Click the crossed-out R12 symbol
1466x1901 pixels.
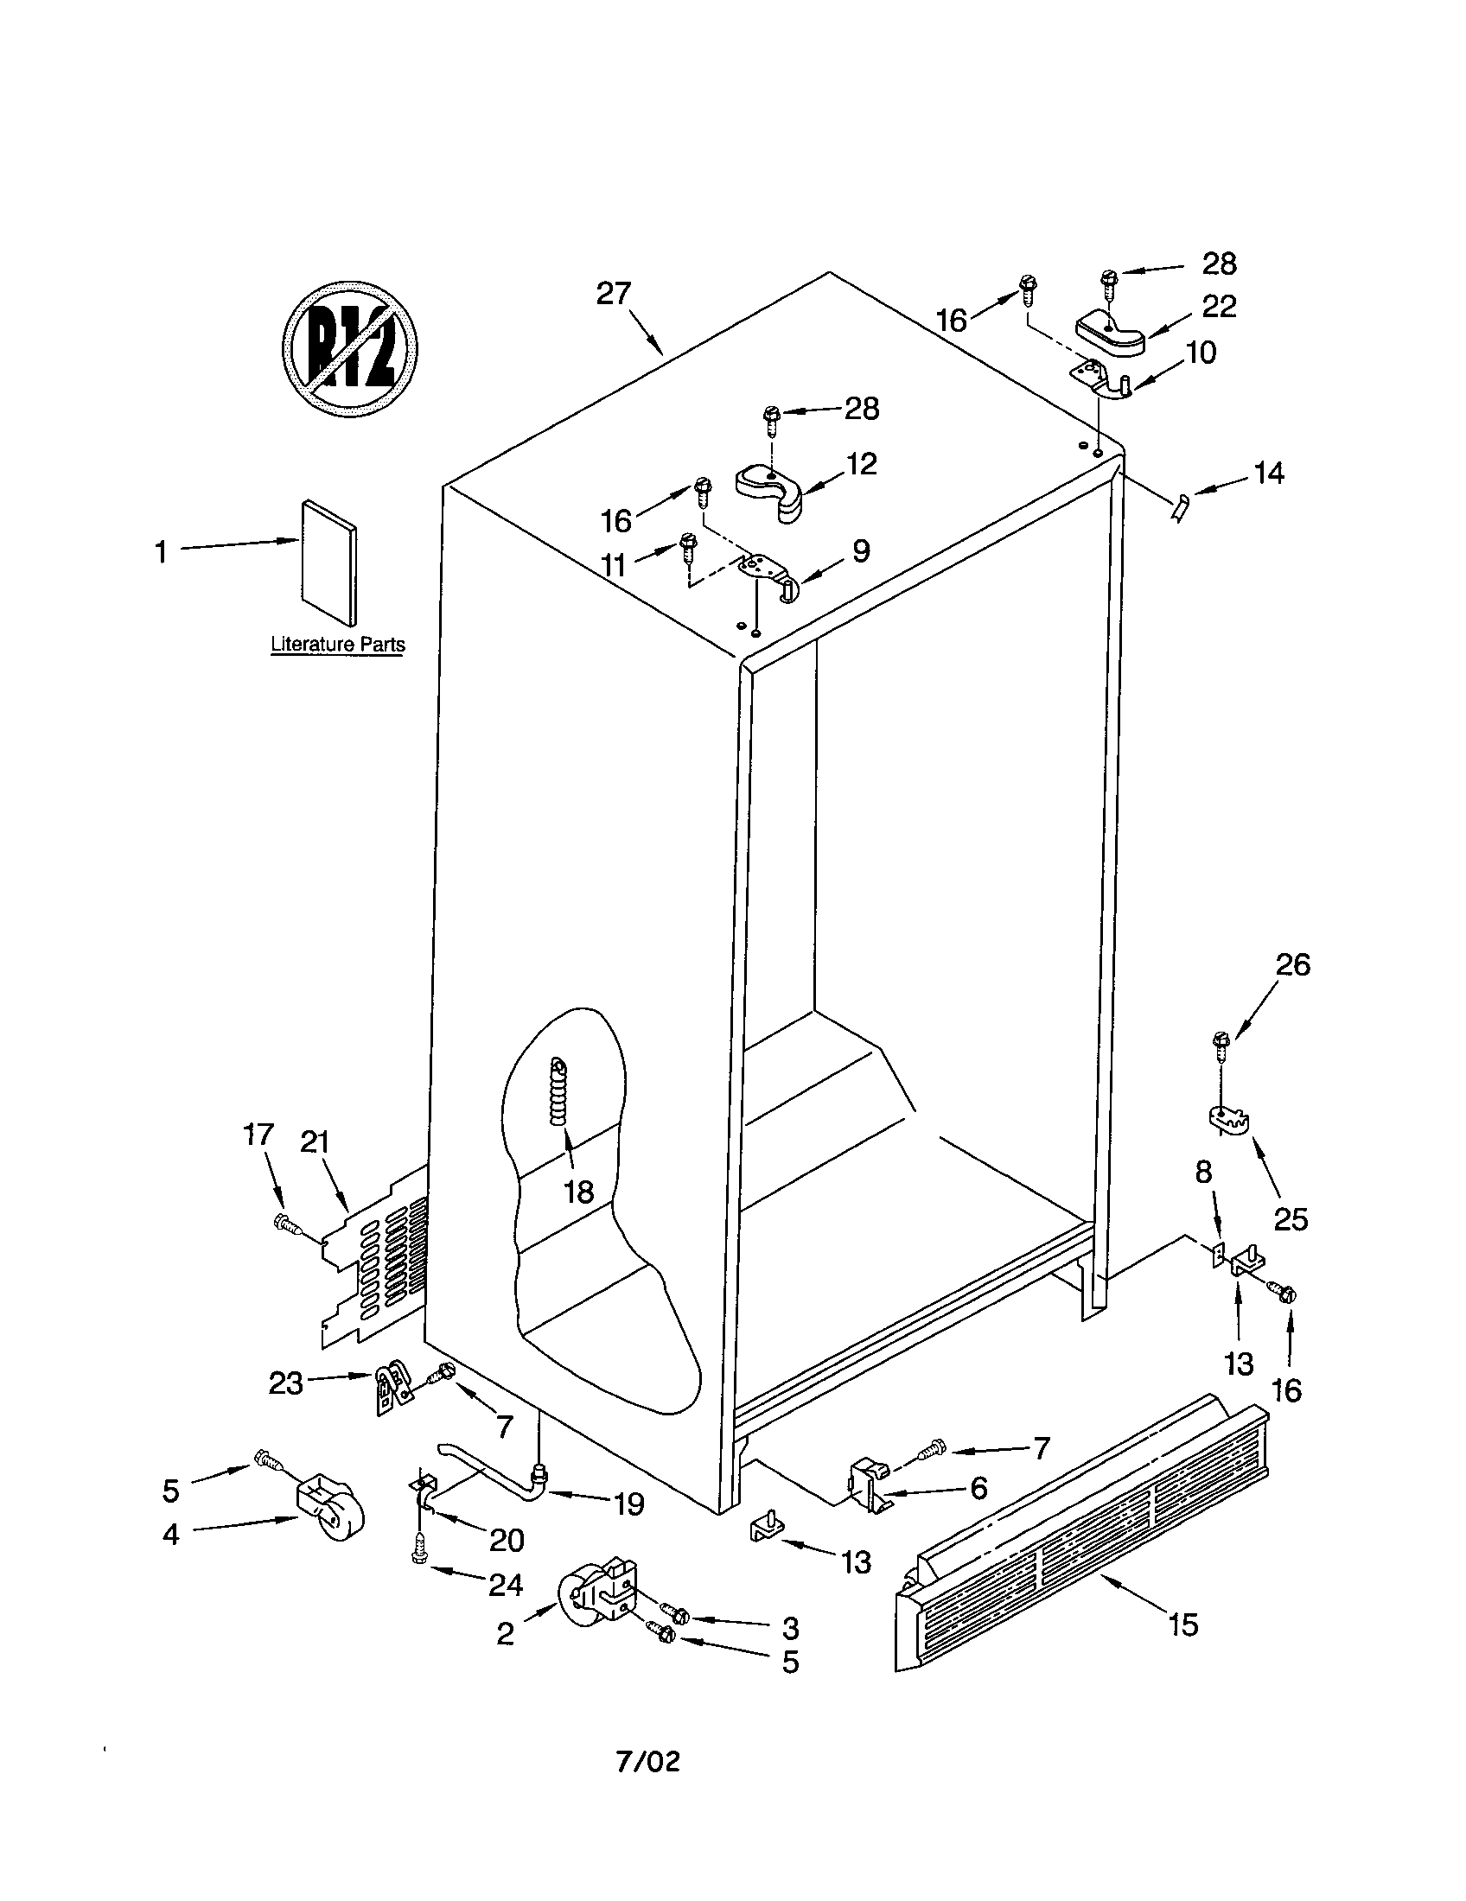point(350,348)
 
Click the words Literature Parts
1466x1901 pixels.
point(338,645)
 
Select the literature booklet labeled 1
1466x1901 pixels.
point(328,563)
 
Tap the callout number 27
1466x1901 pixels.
point(613,294)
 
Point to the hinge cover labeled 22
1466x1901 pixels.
point(1109,334)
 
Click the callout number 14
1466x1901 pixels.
point(1268,474)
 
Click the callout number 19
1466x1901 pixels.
point(628,1504)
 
